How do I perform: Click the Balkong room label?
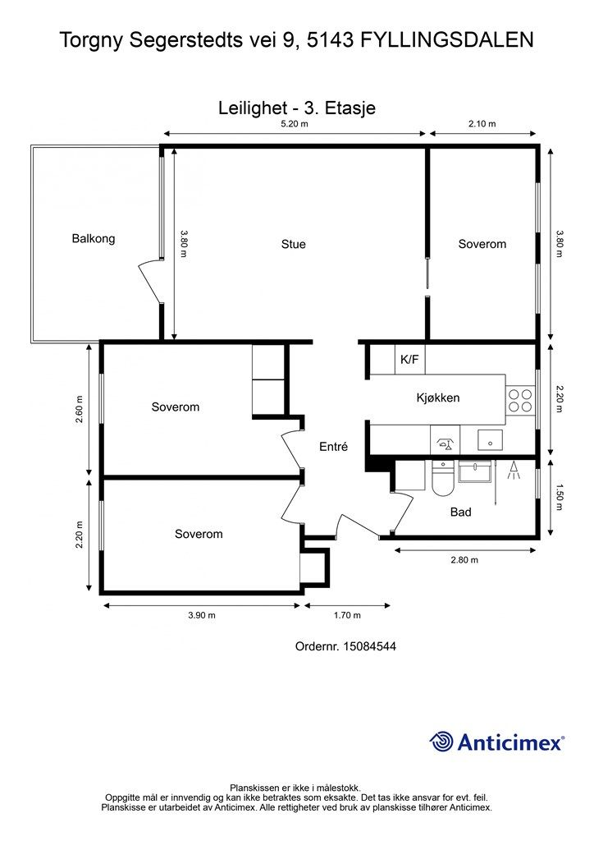(x=94, y=238)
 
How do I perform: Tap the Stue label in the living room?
(x=294, y=244)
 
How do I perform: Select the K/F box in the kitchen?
(x=409, y=360)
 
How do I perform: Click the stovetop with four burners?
(x=520, y=400)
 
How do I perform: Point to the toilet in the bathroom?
(x=443, y=479)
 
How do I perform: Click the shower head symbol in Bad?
(x=514, y=471)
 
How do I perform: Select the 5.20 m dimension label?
(x=295, y=124)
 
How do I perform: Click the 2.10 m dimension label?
(x=482, y=124)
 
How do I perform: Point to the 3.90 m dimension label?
(x=201, y=615)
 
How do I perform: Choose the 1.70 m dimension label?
(x=347, y=615)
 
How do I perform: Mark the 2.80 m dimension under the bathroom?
(x=464, y=560)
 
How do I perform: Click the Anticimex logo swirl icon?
(x=441, y=742)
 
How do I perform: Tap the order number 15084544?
(x=369, y=646)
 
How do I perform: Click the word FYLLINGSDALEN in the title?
(x=446, y=40)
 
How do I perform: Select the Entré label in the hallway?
(x=333, y=446)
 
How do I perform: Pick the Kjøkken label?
(x=437, y=398)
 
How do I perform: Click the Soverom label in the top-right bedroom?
(x=482, y=244)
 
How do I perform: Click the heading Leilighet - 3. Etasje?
(x=297, y=108)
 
